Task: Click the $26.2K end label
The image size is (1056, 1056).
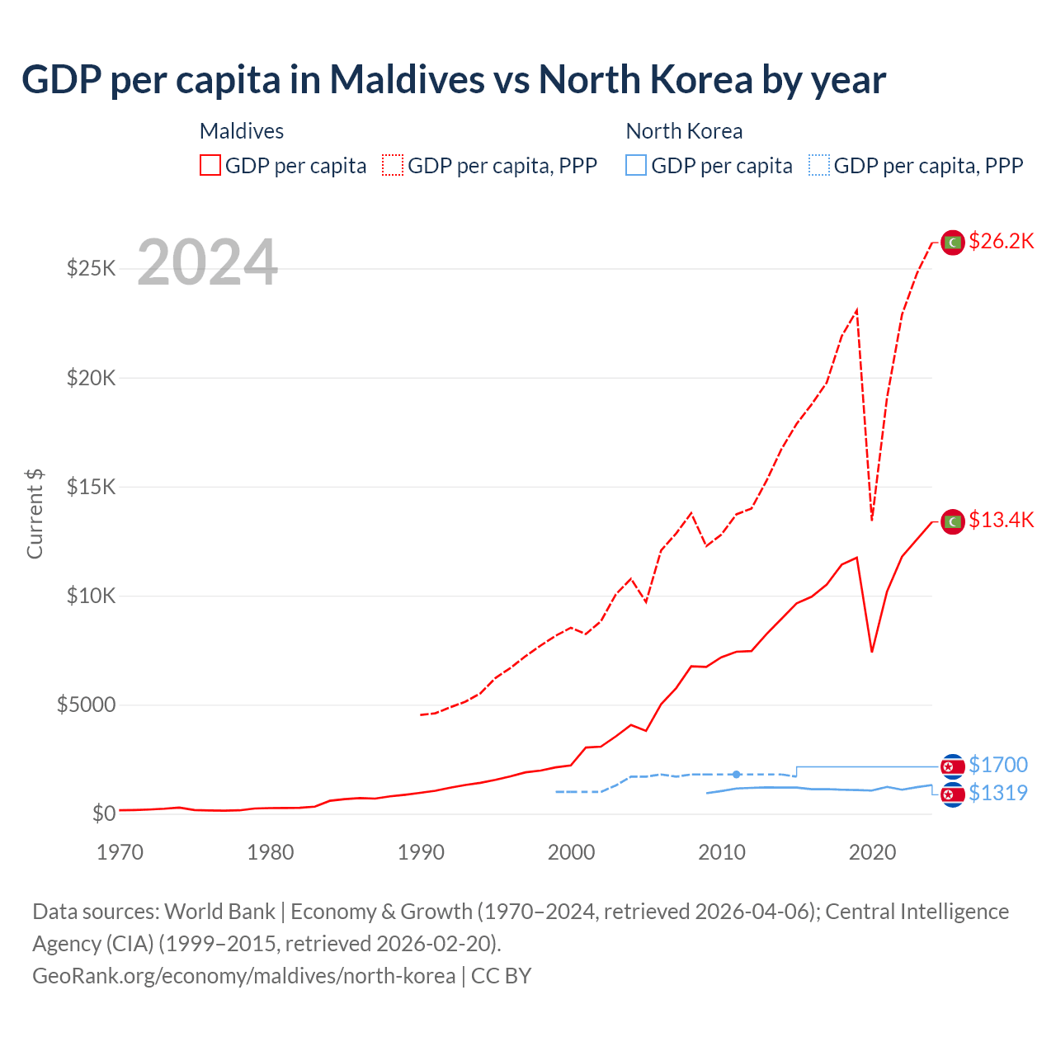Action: [x=1001, y=241]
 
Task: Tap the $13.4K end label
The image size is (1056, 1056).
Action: [x=1001, y=520]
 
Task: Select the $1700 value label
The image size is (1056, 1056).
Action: [x=997, y=766]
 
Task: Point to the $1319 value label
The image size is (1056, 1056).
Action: [x=997, y=793]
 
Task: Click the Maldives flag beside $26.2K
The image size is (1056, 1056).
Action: [x=953, y=243]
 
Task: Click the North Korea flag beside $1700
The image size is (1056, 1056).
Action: [x=953, y=766]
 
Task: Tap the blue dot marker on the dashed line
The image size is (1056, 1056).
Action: [x=737, y=774]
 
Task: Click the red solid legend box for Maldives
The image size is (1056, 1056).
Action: [x=210, y=165]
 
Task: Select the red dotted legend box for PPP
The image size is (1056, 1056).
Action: [x=394, y=165]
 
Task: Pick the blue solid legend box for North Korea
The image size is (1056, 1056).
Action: [x=636, y=165]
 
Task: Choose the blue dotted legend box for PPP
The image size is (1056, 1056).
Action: [x=819, y=165]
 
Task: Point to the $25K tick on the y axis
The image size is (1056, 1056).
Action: [x=92, y=269]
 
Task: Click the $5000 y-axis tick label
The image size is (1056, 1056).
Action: [x=87, y=705]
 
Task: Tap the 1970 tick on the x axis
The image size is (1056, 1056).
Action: [x=120, y=852]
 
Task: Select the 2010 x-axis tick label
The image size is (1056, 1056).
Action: [x=722, y=852]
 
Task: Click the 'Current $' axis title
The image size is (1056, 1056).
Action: [x=35, y=514]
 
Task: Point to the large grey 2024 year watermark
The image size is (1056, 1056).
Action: [x=207, y=262]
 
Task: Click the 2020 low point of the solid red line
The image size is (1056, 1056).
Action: [x=872, y=652]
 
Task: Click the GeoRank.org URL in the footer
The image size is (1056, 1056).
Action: [x=243, y=976]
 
